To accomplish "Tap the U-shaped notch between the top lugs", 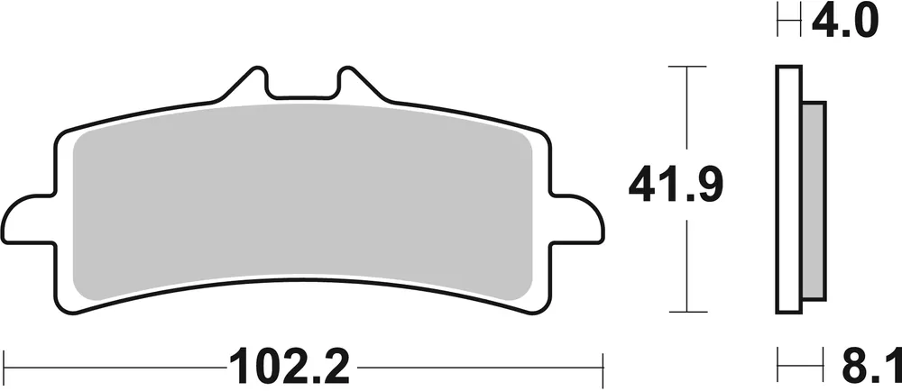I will pyautogui.click(x=303, y=86).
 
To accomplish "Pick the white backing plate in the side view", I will pyautogui.click(x=787, y=190).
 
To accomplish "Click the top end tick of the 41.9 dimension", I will pyautogui.click(x=688, y=67).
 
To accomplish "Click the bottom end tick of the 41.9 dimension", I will pyautogui.click(x=688, y=313).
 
